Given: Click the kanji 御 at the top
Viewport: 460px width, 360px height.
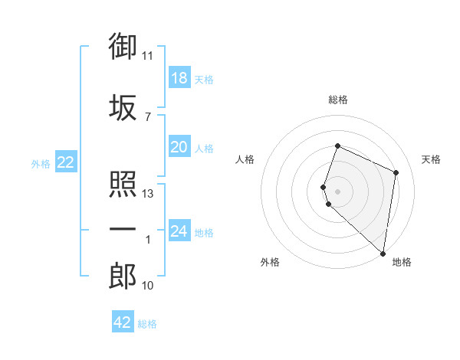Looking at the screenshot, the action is click(x=123, y=46).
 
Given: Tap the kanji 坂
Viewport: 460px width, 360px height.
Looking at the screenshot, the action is click(x=123, y=107).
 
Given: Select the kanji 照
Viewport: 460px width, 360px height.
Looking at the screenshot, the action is click(x=123, y=184).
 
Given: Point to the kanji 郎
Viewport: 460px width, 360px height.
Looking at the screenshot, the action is click(x=123, y=276).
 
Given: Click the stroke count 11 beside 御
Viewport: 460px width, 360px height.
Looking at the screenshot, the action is click(x=147, y=56).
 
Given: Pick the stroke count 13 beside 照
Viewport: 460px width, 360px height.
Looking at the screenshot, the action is click(x=147, y=194).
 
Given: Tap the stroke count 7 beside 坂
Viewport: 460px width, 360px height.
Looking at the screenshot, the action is click(x=148, y=117).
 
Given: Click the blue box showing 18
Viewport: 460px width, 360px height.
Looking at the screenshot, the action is click(x=179, y=77).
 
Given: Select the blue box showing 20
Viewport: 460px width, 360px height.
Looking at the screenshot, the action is click(x=179, y=146).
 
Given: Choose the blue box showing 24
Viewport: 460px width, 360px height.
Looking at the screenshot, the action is click(x=179, y=230).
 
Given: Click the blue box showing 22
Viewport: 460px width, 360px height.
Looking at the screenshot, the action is click(x=66, y=162).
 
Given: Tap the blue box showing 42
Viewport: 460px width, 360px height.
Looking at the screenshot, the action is click(x=123, y=321).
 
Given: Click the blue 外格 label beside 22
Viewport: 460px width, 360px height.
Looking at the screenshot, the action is click(x=41, y=164).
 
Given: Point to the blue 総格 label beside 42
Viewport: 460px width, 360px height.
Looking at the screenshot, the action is click(x=147, y=324).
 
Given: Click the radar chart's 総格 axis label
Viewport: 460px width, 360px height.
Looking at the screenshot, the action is click(x=338, y=100).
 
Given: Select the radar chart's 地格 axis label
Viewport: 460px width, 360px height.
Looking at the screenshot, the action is click(x=402, y=262).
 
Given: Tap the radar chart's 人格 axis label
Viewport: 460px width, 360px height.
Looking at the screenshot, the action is click(x=245, y=159).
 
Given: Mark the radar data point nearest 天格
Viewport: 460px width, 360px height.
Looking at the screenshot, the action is click(x=396, y=172).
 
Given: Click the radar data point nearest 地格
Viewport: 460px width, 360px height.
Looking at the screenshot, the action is click(x=383, y=254).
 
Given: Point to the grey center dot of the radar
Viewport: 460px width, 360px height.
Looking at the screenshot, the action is click(x=337, y=191).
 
